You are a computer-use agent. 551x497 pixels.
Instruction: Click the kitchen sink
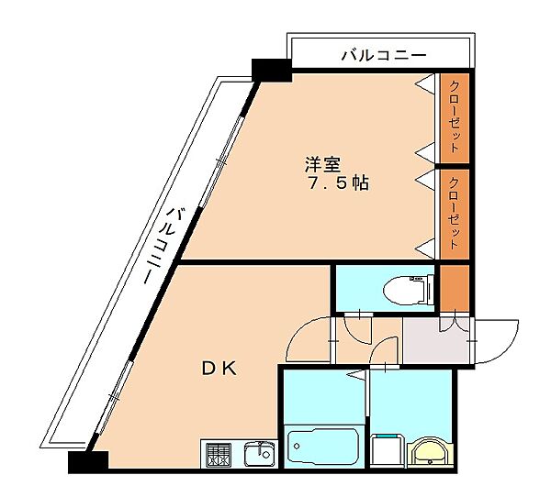click(258, 453)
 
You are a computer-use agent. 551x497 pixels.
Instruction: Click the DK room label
click(219, 368)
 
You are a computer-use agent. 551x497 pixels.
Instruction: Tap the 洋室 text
click(323, 165)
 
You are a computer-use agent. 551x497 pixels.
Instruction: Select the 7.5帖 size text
click(338, 183)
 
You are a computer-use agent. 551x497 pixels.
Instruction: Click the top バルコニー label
click(384, 56)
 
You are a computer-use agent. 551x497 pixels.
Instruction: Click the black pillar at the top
click(271, 68)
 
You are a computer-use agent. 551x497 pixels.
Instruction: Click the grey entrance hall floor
click(434, 342)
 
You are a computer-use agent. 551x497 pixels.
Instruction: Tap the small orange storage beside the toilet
click(454, 287)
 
